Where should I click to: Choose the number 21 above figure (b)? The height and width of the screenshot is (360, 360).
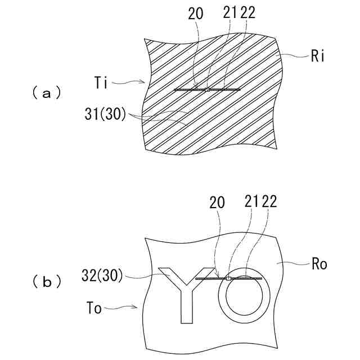[x=252, y=202]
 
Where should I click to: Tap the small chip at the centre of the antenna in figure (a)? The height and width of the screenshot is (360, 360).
[x=208, y=89]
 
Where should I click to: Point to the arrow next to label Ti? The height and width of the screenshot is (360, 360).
[x=130, y=83]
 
